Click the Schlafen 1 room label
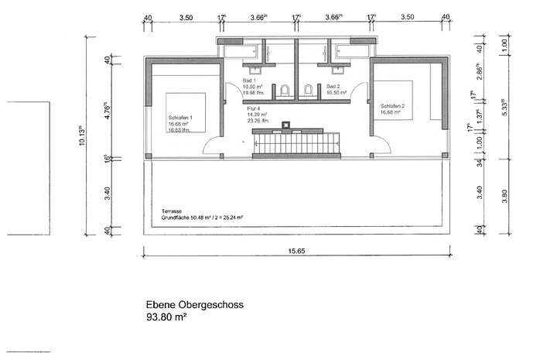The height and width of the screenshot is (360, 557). point(179,117)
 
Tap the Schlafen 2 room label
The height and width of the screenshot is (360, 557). point(392,106)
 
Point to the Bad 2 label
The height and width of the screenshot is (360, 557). point(333,86)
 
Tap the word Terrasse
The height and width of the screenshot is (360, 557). point(173,211)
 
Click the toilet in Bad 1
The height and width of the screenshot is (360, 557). point(285,91)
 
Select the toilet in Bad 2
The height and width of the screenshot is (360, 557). point(308,91)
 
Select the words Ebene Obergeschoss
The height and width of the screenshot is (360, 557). point(195,306)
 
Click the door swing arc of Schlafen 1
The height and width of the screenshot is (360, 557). point(211,144)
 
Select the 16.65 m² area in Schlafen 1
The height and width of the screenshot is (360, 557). point(179,124)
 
